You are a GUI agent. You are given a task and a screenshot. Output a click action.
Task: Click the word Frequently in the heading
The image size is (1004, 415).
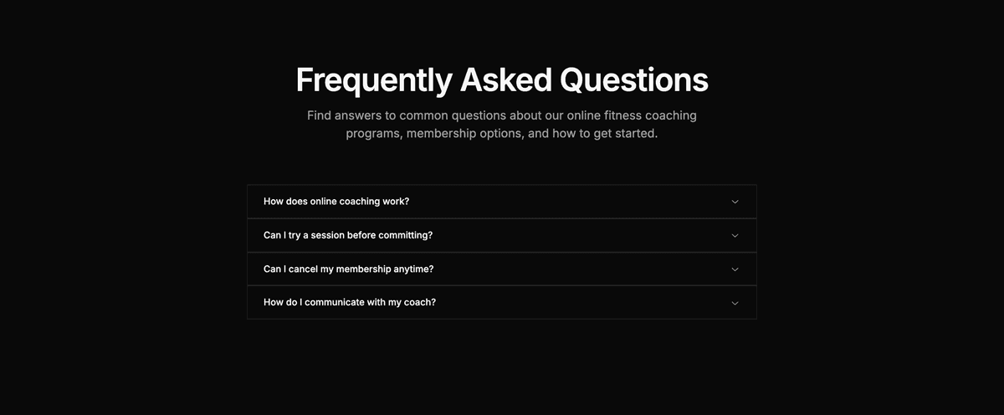pyautogui.click(x=373, y=80)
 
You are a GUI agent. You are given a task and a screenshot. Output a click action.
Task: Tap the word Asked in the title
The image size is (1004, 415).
pyautogui.click(x=505, y=80)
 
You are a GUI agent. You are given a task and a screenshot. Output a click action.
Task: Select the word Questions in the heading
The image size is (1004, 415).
pyautogui.click(x=633, y=80)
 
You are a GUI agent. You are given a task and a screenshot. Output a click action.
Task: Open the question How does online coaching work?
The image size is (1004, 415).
pyautogui.click(x=336, y=202)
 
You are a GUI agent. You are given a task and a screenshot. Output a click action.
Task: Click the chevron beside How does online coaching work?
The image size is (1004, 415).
pyautogui.click(x=735, y=202)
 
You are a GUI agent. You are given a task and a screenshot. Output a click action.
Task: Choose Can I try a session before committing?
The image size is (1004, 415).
pyautogui.click(x=348, y=235)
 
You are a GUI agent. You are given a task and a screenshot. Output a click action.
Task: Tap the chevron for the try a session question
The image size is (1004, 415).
pyautogui.click(x=735, y=235)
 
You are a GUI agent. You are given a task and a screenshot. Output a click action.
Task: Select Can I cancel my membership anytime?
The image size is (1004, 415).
pyautogui.click(x=348, y=269)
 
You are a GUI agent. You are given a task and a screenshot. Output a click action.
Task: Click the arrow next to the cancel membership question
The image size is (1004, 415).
pyautogui.click(x=735, y=269)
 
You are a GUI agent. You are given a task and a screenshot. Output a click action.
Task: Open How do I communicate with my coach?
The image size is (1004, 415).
pyautogui.click(x=350, y=302)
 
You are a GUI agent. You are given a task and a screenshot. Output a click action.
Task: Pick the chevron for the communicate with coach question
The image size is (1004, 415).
pyautogui.click(x=735, y=302)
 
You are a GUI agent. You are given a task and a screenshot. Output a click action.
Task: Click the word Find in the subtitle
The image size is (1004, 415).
pyautogui.click(x=320, y=115)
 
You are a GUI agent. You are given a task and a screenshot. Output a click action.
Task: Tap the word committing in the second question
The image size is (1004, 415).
pyautogui.click(x=405, y=235)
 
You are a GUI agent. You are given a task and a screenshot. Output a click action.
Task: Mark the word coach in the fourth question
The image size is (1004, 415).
pyautogui.click(x=419, y=302)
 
